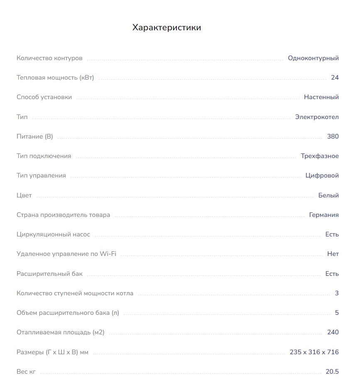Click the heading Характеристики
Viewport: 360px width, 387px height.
click(167, 28)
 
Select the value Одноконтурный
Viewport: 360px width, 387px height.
click(313, 58)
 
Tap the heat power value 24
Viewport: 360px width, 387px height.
click(335, 78)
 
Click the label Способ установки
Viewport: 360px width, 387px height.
click(44, 97)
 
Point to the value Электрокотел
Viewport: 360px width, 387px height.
click(317, 117)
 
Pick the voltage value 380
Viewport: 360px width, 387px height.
click(333, 136)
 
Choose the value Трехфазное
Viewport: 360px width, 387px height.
click(320, 156)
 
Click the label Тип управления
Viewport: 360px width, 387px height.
click(41, 175)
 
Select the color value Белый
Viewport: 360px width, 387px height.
click(328, 195)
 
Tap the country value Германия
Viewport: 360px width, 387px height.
click(324, 215)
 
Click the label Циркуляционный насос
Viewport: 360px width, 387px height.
click(53, 234)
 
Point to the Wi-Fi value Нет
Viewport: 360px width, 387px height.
click(333, 254)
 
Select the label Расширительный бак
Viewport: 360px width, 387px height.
click(49, 274)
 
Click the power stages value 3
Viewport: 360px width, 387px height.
click(337, 293)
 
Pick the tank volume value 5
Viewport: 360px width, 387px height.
click(337, 313)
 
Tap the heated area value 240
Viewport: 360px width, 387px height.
click(333, 332)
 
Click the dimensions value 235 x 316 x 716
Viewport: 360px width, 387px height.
click(314, 352)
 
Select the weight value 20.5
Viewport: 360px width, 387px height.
click(332, 372)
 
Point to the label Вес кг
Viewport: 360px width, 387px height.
click(26, 372)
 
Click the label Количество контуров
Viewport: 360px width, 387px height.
click(49, 58)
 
